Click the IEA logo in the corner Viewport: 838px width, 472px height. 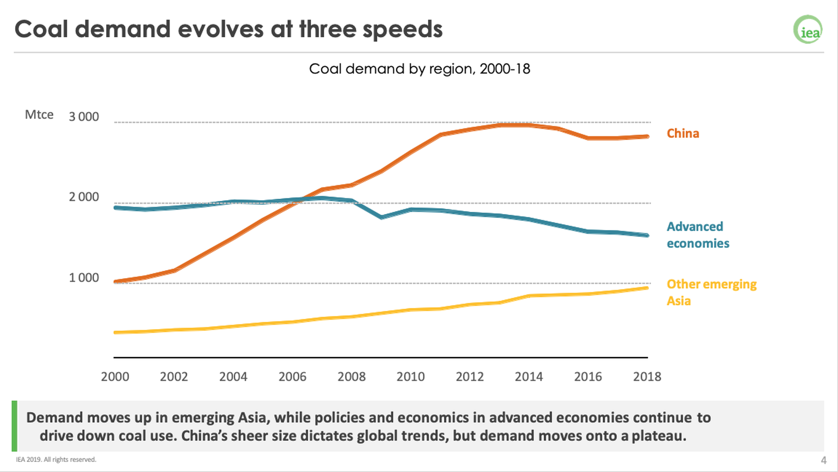(x=808, y=30)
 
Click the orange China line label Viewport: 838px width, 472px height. (x=683, y=134)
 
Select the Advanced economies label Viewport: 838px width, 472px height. (x=697, y=235)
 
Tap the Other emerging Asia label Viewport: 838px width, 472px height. (x=711, y=292)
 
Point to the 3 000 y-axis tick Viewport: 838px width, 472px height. (x=84, y=117)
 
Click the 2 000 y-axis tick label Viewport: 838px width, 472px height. (x=84, y=197)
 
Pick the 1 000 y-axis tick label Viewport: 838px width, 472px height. (x=84, y=278)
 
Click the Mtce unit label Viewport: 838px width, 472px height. (x=39, y=115)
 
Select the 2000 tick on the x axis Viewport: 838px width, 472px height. (x=115, y=376)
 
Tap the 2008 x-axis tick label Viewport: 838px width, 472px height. (x=351, y=376)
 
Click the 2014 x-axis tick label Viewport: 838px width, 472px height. (x=529, y=376)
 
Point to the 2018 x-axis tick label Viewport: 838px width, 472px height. (x=647, y=376)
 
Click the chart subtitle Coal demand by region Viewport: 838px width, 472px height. (x=419, y=69)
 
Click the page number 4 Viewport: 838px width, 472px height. (x=824, y=460)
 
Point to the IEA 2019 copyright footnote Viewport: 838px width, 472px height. (x=56, y=459)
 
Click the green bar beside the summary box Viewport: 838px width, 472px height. (x=14, y=426)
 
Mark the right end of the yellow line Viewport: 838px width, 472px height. (x=647, y=288)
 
